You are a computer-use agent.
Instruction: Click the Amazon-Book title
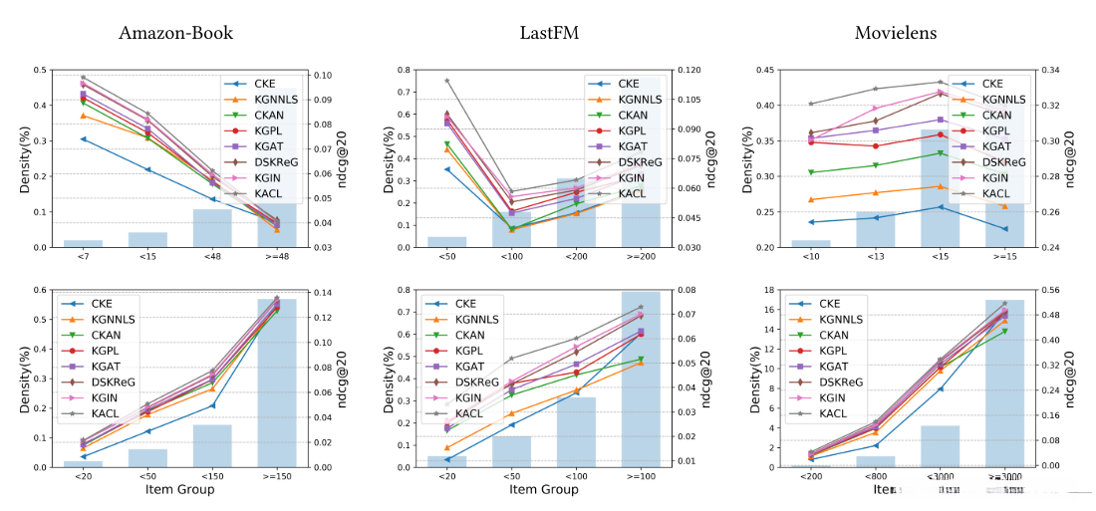(x=175, y=33)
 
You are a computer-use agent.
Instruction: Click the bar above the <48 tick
(x=212, y=228)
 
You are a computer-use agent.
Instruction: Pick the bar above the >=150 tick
(x=277, y=383)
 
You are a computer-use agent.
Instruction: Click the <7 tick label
(x=83, y=259)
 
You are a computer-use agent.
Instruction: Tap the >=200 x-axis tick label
(x=641, y=259)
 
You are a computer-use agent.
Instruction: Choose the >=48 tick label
(x=277, y=259)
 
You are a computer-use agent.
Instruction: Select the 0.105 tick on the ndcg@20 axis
(x=685, y=100)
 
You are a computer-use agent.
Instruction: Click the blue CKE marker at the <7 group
(x=84, y=139)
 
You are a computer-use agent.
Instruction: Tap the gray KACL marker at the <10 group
(x=812, y=104)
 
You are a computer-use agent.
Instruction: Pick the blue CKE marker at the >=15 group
(x=1004, y=229)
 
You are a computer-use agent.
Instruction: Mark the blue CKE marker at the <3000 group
(x=941, y=388)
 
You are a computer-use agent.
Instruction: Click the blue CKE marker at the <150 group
(x=212, y=405)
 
